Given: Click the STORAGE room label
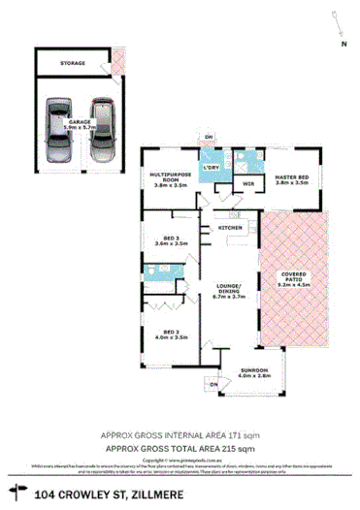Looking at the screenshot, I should [x=73, y=63].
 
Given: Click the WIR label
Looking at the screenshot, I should [x=247, y=183].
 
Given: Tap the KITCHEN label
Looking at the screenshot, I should [x=230, y=227].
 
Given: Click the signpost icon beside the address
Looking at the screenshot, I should [x=17, y=494].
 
